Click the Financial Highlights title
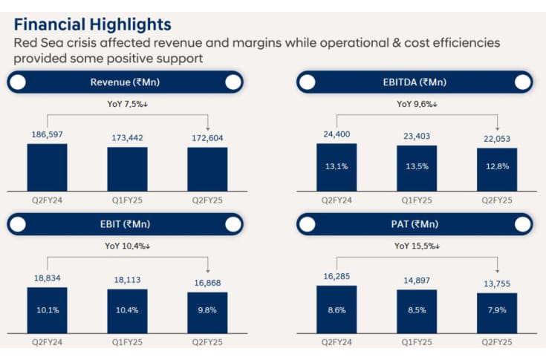click(92, 25)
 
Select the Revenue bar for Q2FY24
click(47, 168)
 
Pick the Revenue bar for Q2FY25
click(207, 169)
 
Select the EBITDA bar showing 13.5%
click(417, 168)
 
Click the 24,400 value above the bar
click(337, 136)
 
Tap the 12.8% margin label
click(497, 166)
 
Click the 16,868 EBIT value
click(207, 283)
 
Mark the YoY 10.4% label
click(127, 245)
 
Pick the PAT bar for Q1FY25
click(417, 311)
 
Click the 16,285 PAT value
click(337, 277)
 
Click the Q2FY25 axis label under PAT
click(497, 342)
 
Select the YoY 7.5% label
click(127, 104)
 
